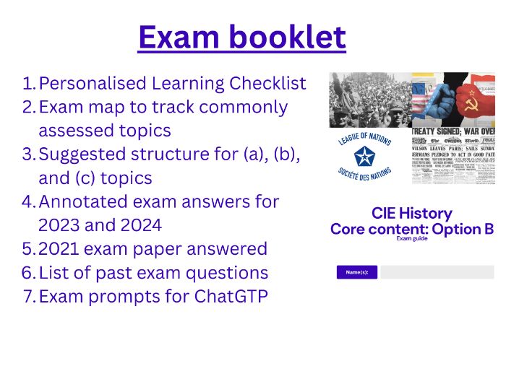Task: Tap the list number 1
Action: [28, 84]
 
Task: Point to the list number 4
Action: [28, 201]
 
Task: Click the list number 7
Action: [28, 296]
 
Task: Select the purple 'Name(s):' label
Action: [357, 272]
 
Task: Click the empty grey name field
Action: [437, 272]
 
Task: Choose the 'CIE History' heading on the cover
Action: [411, 214]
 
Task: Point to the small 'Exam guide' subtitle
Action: [411, 238]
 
